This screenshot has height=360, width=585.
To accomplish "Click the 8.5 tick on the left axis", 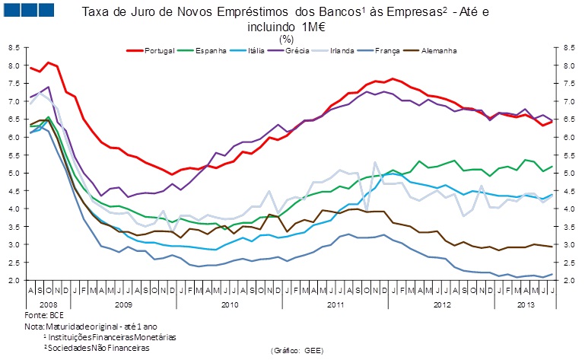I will pos(14,47).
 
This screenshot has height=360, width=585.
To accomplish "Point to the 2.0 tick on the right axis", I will pos(568,281).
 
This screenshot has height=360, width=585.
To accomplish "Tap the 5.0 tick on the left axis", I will pos(14,173).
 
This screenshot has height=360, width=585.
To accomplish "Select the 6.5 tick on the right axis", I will pos(568,119).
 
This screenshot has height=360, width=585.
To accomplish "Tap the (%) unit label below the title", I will pos(287,38).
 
